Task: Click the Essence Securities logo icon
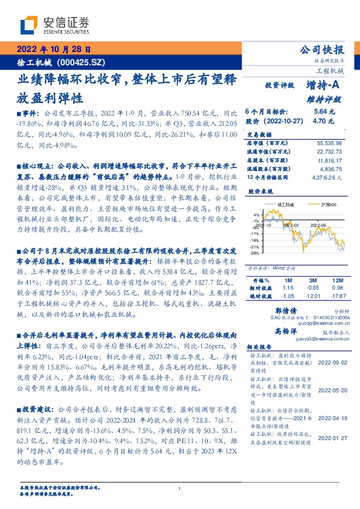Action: pos(29,25)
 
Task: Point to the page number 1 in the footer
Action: pos(179,488)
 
